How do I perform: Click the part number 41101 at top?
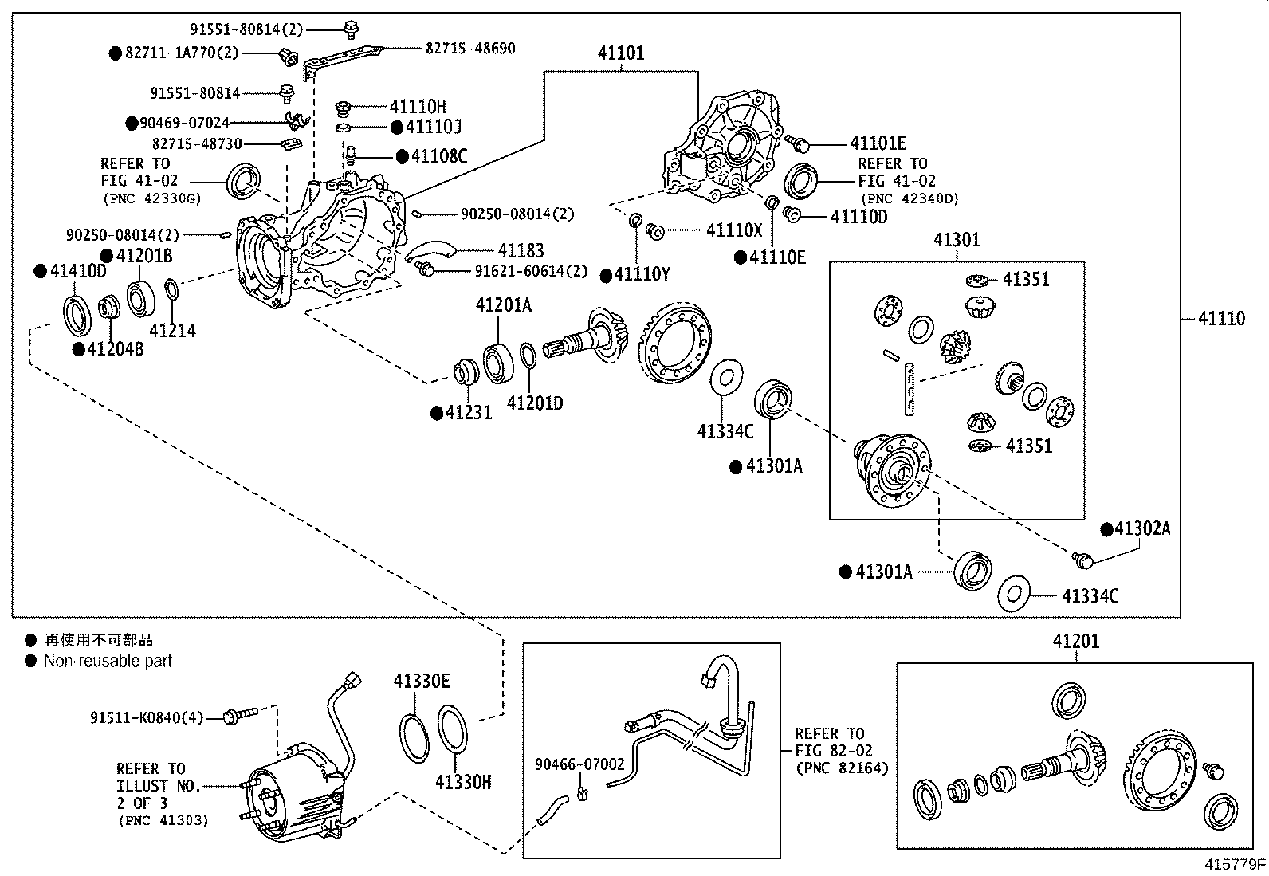(x=622, y=53)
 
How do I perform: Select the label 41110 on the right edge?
(x=1221, y=319)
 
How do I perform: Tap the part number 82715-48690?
(x=469, y=49)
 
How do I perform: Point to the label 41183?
(x=521, y=250)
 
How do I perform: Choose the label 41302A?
(x=1141, y=528)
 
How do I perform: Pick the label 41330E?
(x=421, y=681)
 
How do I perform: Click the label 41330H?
(x=463, y=782)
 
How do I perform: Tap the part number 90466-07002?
(x=579, y=764)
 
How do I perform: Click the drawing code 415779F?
(x=1235, y=864)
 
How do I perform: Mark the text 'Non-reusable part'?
(x=108, y=661)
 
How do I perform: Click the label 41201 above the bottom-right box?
(x=1075, y=641)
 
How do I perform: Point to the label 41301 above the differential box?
(x=957, y=240)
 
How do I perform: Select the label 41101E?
(x=878, y=143)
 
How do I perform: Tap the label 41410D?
(x=78, y=271)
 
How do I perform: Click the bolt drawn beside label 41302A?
(x=1082, y=560)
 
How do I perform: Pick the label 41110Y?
(x=642, y=275)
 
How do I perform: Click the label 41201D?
(x=535, y=403)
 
